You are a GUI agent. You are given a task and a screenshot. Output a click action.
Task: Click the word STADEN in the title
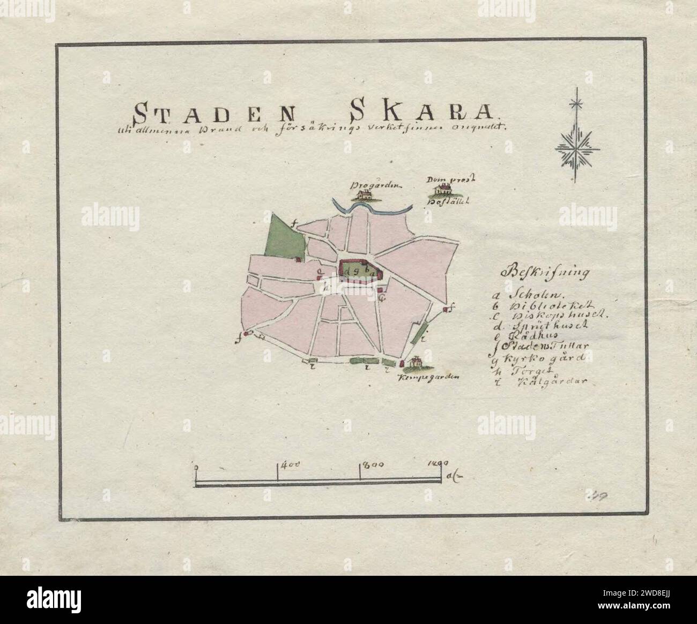214,113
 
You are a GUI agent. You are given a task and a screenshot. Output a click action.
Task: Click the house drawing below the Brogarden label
366,195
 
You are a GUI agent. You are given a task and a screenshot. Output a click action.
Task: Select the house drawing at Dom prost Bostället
443,189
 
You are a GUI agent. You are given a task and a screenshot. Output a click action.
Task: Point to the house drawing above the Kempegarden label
413,364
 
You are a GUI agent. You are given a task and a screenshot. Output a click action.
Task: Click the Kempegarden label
429,378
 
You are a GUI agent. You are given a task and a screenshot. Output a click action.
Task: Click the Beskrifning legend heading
544,272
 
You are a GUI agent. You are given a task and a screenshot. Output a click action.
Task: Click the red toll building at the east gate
446,310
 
